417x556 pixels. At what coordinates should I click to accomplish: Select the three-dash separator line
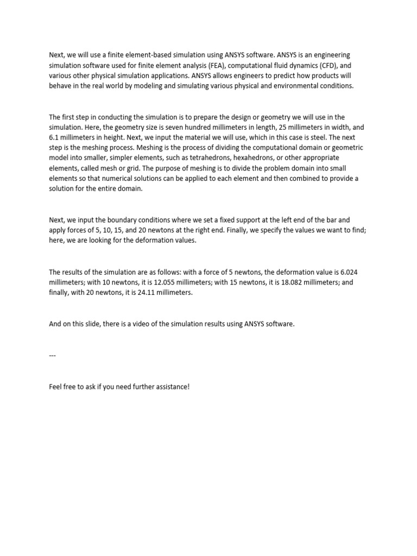(x=52, y=356)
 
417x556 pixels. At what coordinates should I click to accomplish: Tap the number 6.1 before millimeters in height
(x=54, y=137)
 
